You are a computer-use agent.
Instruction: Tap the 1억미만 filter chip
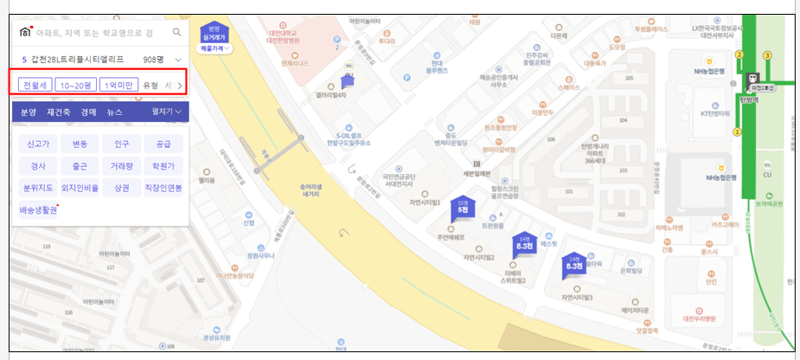pyautogui.click(x=118, y=85)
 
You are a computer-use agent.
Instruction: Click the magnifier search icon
pyautogui.click(x=177, y=32)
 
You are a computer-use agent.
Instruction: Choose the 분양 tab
pyautogui.click(x=29, y=112)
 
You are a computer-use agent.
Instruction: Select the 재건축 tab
pyautogui.click(x=58, y=112)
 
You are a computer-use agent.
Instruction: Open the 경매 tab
pyautogui.click(x=88, y=112)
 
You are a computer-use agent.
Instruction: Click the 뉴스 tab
pyautogui.click(x=114, y=112)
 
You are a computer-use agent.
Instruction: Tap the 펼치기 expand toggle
pyautogui.click(x=166, y=112)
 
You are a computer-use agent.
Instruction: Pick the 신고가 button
pyautogui.click(x=38, y=144)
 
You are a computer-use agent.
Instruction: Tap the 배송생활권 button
pyautogui.click(x=38, y=209)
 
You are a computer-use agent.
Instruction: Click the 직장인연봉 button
pyautogui.click(x=163, y=187)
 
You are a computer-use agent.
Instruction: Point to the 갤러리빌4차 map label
pyautogui.click(x=331, y=95)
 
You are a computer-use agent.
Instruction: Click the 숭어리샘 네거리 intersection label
pyautogui.click(x=310, y=190)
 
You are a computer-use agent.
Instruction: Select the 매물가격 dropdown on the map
pyautogui.click(x=213, y=50)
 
